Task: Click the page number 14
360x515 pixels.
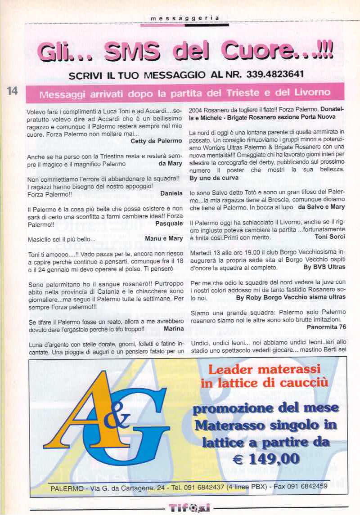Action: [12, 91]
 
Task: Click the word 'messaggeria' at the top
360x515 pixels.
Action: [185, 18]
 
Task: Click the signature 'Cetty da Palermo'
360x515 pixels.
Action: [156, 140]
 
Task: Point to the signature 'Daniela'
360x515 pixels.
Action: [171, 193]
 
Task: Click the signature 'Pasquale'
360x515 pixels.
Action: [168, 223]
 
